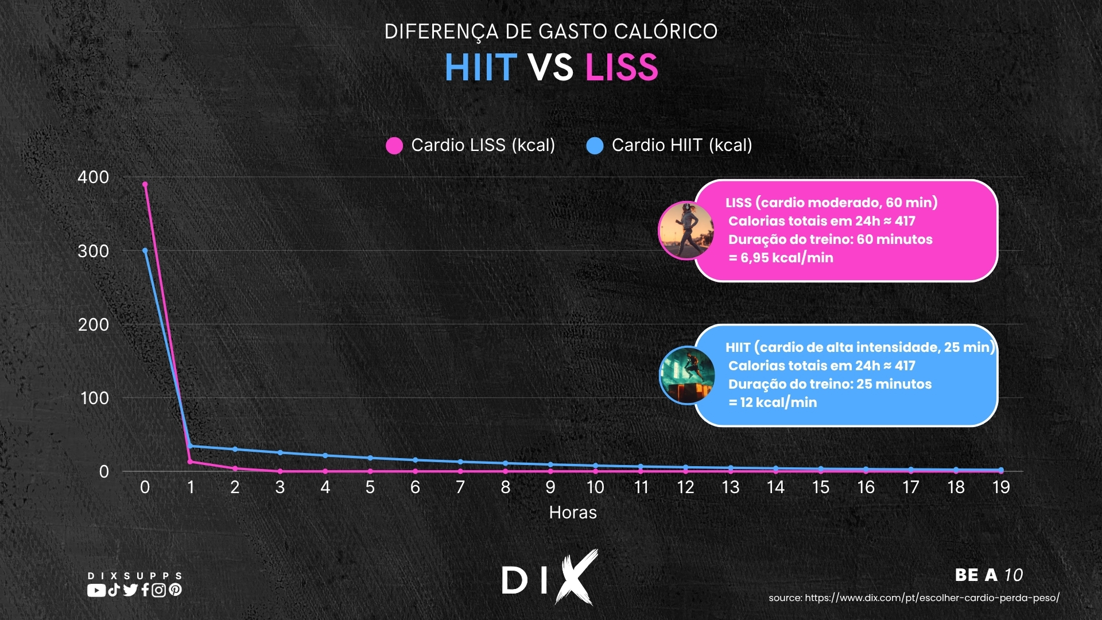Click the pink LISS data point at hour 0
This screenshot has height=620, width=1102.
pyautogui.click(x=145, y=184)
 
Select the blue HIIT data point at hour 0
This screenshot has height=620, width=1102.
pyautogui.click(x=145, y=250)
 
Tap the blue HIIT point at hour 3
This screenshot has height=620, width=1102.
pyautogui.click(x=280, y=453)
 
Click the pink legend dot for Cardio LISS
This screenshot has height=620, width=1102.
pyautogui.click(x=394, y=146)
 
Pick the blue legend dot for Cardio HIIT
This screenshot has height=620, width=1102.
pyautogui.click(x=595, y=146)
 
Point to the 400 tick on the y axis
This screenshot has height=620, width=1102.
pyautogui.click(x=93, y=177)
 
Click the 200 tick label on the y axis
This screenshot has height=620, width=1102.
pyautogui.click(x=93, y=325)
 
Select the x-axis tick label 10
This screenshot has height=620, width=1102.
pyautogui.click(x=595, y=487)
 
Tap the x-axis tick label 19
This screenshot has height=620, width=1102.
pyautogui.click(x=1001, y=487)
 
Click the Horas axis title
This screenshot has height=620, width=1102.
pyautogui.click(x=573, y=513)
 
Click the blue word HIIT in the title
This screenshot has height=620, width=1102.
pyautogui.click(x=481, y=67)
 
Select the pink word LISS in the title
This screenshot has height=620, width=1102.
pyautogui.click(x=622, y=67)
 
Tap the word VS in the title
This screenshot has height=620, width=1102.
pyautogui.click(x=550, y=67)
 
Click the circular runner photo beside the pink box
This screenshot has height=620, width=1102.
pyautogui.click(x=686, y=230)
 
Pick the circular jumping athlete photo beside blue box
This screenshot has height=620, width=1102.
pyautogui.click(x=687, y=375)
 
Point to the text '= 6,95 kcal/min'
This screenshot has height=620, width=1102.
pyautogui.click(x=781, y=258)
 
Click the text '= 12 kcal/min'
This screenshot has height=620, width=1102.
pyautogui.click(x=773, y=402)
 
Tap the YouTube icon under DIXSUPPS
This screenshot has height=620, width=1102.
pyautogui.click(x=96, y=590)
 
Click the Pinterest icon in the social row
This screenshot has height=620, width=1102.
pyautogui.click(x=176, y=590)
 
